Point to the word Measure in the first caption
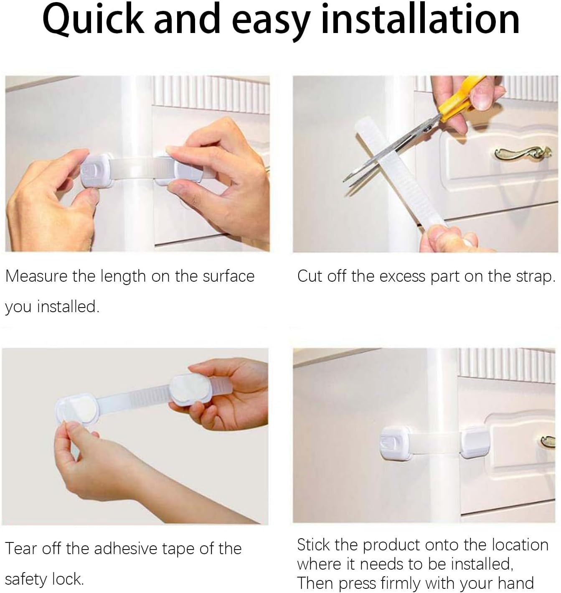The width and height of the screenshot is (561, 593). click(36, 276)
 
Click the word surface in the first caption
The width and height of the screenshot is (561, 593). click(228, 276)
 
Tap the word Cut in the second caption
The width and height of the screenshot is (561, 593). click(310, 276)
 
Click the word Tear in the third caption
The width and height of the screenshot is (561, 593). click(21, 548)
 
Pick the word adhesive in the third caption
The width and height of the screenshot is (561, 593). click(125, 548)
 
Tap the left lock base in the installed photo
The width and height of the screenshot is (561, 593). click(394, 443)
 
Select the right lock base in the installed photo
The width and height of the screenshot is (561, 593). click(475, 442)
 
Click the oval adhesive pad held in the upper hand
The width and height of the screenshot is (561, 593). click(189, 389)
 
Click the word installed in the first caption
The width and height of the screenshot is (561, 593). click(68, 306)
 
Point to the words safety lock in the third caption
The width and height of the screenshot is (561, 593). click(44, 579)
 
